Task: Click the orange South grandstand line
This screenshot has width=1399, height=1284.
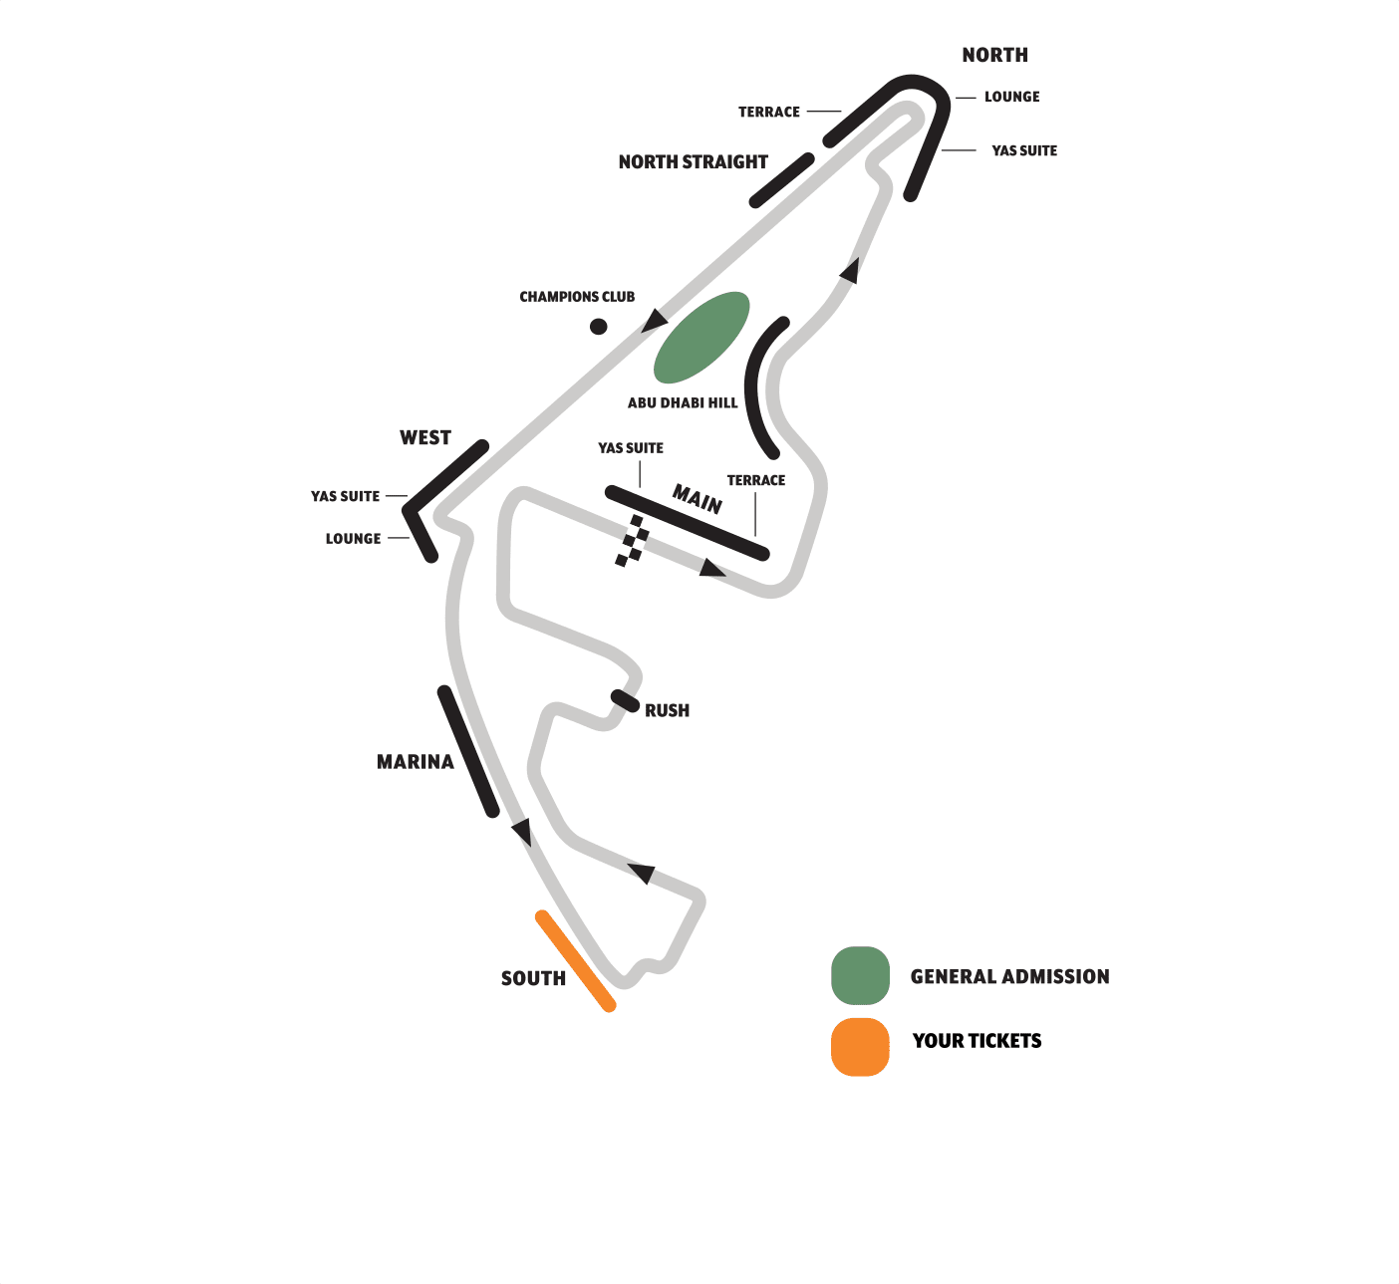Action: (575, 960)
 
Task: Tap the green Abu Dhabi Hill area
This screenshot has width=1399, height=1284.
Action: (700, 338)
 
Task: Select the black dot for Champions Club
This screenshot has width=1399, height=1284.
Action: (598, 326)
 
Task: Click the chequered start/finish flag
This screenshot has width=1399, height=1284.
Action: (632, 541)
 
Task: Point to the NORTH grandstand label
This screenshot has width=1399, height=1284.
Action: (994, 56)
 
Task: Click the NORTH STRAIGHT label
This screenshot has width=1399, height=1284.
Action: (693, 162)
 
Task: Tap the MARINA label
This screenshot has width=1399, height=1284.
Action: (415, 762)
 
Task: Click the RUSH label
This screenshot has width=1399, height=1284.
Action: (667, 711)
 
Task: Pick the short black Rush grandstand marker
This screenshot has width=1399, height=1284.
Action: (625, 700)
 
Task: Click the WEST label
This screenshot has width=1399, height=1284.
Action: (425, 438)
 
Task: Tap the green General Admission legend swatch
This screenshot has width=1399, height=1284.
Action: (860, 975)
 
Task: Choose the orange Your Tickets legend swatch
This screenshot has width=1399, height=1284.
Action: (860, 1047)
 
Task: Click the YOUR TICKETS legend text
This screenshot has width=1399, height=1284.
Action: (977, 1041)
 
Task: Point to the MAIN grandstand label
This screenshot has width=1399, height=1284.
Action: (698, 498)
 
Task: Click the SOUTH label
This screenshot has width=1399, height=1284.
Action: (533, 979)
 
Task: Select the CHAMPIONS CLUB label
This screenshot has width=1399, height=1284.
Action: (577, 297)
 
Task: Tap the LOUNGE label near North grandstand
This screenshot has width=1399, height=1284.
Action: (1011, 97)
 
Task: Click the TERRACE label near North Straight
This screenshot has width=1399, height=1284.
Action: (768, 113)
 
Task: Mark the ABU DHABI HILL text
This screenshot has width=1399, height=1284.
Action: (683, 403)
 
